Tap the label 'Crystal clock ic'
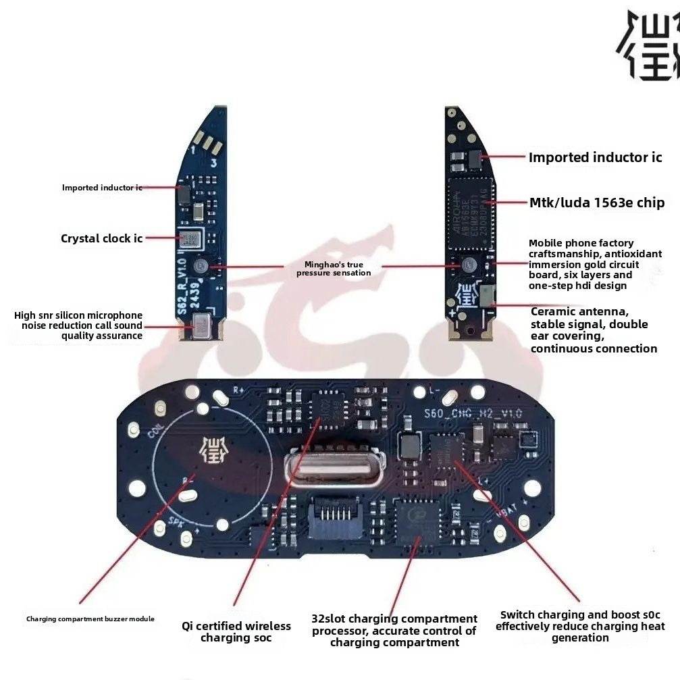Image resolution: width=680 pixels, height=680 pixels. pyautogui.click(x=101, y=238)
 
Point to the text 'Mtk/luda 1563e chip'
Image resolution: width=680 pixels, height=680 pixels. pyautogui.click(x=596, y=203)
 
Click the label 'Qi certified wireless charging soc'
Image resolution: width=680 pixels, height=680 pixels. pyautogui.click(x=236, y=632)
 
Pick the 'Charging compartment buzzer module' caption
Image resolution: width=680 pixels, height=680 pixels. pyautogui.click(x=90, y=619)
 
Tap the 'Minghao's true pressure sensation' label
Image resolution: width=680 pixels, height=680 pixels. pyautogui.click(x=334, y=268)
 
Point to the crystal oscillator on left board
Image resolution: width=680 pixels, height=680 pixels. pyautogui.click(x=190, y=238)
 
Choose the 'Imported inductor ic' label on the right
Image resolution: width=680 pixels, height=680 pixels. pyautogui.click(x=595, y=157)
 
